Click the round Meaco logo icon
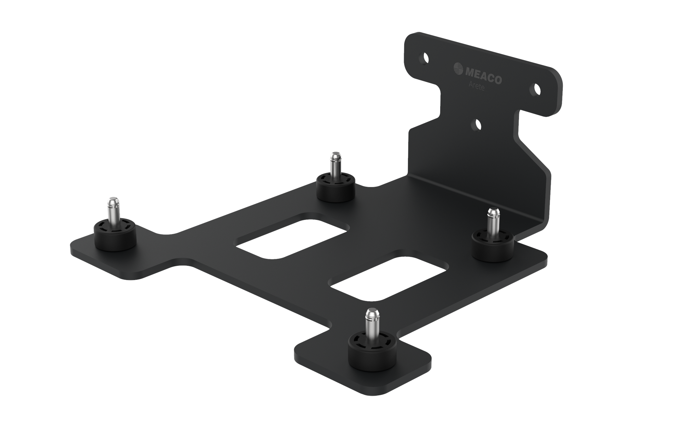tap(458, 68)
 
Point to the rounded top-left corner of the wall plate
tap(412, 37)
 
